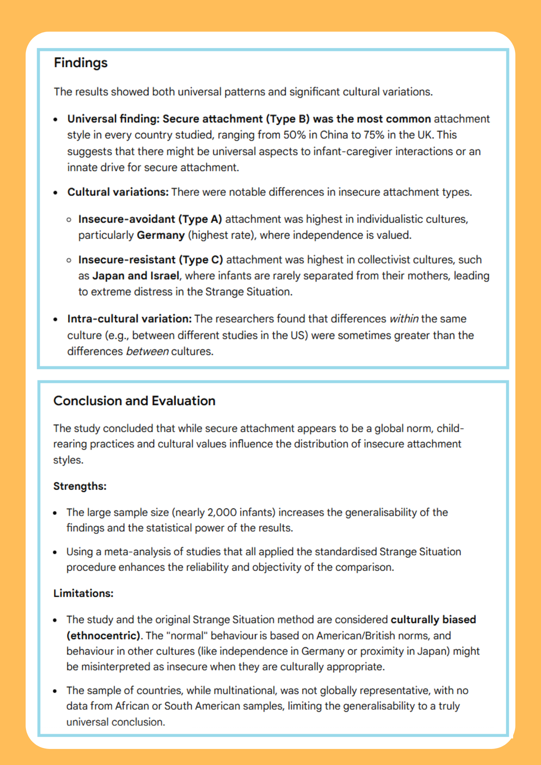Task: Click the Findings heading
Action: coord(81,63)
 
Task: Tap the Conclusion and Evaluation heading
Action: coord(134,400)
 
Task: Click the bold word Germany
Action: coord(161,235)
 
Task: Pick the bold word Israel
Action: coord(165,276)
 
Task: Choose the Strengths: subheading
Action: coord(80,486)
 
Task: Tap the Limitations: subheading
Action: coord(83,593)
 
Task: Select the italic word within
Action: coord(404,319)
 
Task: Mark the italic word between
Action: coord(147,352)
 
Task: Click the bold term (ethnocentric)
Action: coord(103,636)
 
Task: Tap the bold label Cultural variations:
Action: coord(118,192)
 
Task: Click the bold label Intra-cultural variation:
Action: coord(129,319)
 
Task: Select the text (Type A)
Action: coord(200,219)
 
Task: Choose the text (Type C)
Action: coord(200,260)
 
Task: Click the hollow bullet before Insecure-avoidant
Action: coord(69,220)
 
